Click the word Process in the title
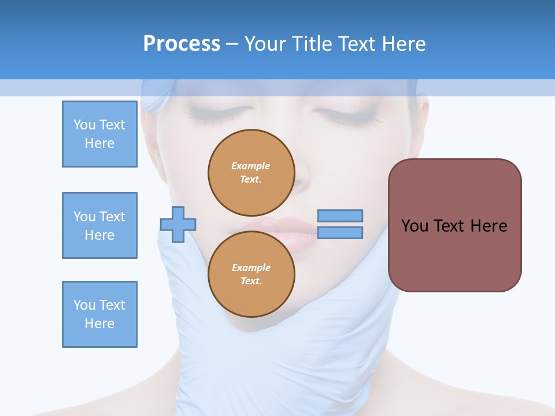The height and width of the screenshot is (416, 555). [182, 44]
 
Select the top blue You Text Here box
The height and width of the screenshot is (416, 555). [99, 134]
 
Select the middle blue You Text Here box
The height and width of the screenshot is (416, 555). [99, 225]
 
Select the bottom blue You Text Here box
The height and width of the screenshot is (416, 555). [99, 314]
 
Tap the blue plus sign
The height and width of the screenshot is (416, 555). [178, 224]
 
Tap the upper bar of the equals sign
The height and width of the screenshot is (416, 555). [340, 216]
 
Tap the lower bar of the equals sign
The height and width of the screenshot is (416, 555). [340, 232]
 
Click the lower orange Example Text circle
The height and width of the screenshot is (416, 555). [251, 274]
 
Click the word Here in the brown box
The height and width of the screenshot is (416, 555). [489, 226]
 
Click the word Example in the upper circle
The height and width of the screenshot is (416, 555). [251, 166]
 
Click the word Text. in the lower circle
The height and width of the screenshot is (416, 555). [251, 281]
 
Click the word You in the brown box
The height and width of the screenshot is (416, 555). [415, 226]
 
